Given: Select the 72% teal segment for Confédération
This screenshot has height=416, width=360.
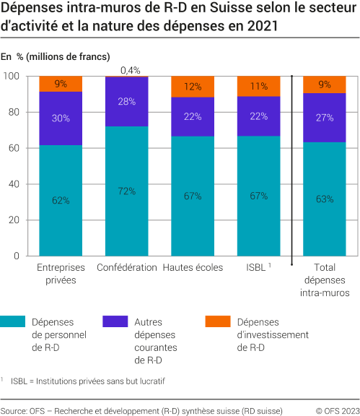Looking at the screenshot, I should coord(127,191).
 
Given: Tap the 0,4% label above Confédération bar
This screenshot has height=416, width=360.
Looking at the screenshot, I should coord(131,70).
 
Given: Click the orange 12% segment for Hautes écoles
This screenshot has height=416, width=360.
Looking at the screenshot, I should coord(193,87).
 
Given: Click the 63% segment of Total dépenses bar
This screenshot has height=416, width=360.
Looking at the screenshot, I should coord(324,199).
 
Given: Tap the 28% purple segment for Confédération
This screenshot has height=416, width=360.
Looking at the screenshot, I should coord(127,102).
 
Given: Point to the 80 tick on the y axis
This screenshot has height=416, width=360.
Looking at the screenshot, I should coord(12,112).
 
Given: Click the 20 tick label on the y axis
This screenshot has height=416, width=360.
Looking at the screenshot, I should coord(12,220).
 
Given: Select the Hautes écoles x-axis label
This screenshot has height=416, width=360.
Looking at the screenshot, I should coord(193,267).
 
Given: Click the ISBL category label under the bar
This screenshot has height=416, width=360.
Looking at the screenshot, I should coord(256,267).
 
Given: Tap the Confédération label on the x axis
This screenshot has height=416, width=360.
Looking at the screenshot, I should coord(127,267).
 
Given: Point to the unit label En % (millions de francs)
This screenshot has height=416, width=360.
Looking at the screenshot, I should coord(56,56).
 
